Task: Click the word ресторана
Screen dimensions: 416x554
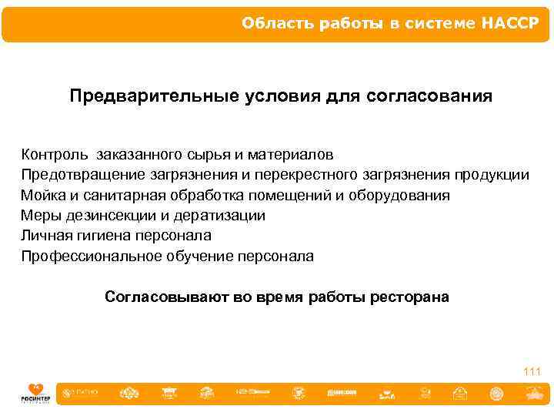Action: (412, 297)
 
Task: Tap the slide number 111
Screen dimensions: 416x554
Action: (532, 372)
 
